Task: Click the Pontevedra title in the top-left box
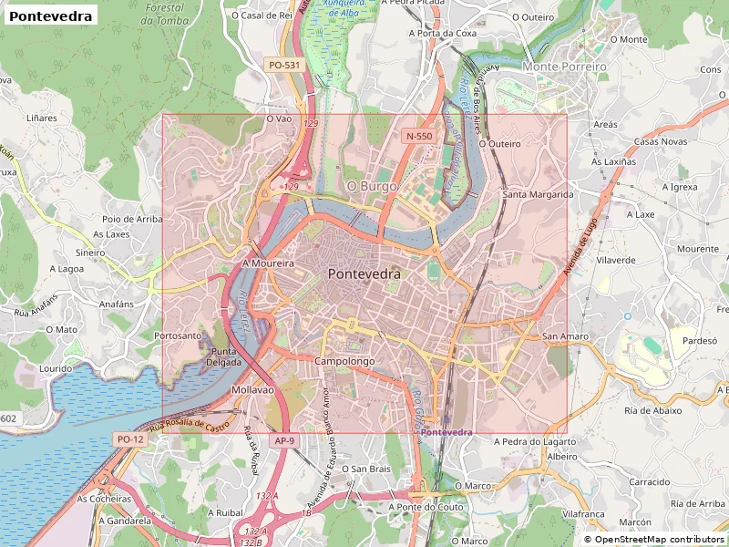[50, 16]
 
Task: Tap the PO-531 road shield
[284, 66]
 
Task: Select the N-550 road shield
[419, 136]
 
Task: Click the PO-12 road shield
[130, 439]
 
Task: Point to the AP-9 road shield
[284, 441]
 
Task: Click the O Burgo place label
[373, 186]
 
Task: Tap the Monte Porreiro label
[565, 67]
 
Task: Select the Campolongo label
[345, 362]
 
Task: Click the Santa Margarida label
[538, 194]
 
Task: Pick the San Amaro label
[565, 336]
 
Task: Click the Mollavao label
[252, 389]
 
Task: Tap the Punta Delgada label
[225, 356]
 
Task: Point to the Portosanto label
[179, 335]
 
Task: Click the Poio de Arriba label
[132, 219]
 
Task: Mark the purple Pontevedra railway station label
[447, 431]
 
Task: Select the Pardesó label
[701, 340]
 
